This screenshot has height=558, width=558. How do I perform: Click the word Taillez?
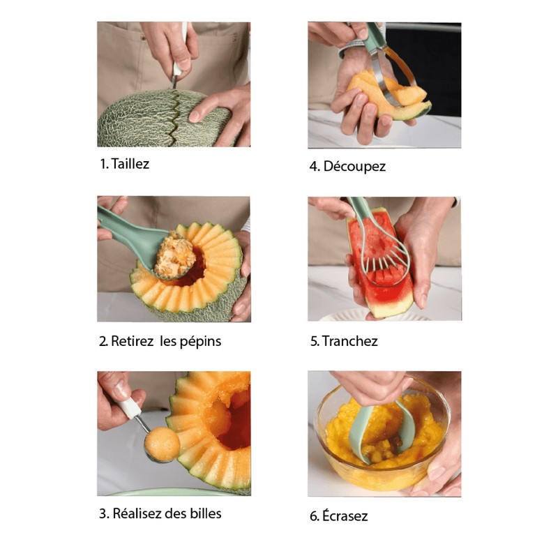tap(130, 164)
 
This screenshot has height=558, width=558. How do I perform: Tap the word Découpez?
tap(354, 167)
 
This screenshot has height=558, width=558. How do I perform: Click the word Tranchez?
tap(350, 341)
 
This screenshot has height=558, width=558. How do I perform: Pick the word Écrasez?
tap(345, 515)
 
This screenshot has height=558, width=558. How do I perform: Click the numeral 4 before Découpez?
tap(314, 167)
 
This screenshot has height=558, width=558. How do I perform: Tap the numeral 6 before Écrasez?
tap(315, 516)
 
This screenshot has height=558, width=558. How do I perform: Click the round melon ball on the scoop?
tap(163, 444)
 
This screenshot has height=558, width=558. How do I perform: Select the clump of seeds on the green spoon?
tap(175, 253)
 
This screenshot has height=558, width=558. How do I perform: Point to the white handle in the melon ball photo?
tap(128, 407)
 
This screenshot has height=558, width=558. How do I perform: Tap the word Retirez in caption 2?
tap(132, 341)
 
